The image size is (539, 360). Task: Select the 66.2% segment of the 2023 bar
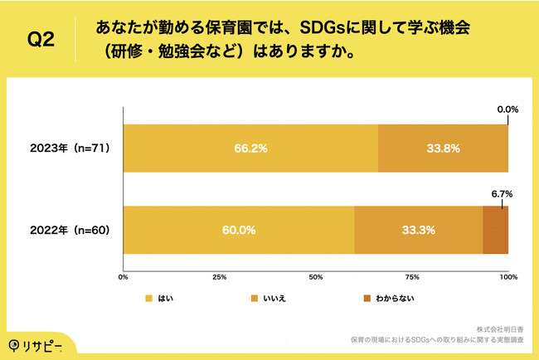[x=250, y=148]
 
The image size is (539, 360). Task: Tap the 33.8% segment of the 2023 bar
[x=443, y=148]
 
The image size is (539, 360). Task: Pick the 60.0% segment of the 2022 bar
[x=239, y=230]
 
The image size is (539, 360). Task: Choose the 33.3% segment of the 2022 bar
[x=418, y=230]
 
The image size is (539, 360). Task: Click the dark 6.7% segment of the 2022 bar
[x=496, y=230]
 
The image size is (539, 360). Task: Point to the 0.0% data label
[x=507, y=109]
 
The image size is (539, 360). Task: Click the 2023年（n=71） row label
[x=70, y=148]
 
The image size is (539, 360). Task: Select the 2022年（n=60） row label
[x=70, y=230]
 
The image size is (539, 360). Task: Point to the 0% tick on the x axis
[x=124, y=276]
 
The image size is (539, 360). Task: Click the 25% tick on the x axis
[x=220, y=276]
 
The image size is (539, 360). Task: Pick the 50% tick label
[x=316, y=276]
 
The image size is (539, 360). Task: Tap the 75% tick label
[x=412, y=276]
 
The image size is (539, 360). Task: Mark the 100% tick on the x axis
[x=508, y=276]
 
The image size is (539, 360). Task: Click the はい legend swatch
[x=149, y=298]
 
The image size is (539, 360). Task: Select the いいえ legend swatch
[x=255, y=298]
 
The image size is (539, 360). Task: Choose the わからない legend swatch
[x=367, y=298]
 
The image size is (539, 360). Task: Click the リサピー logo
[x=37, y=344]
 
